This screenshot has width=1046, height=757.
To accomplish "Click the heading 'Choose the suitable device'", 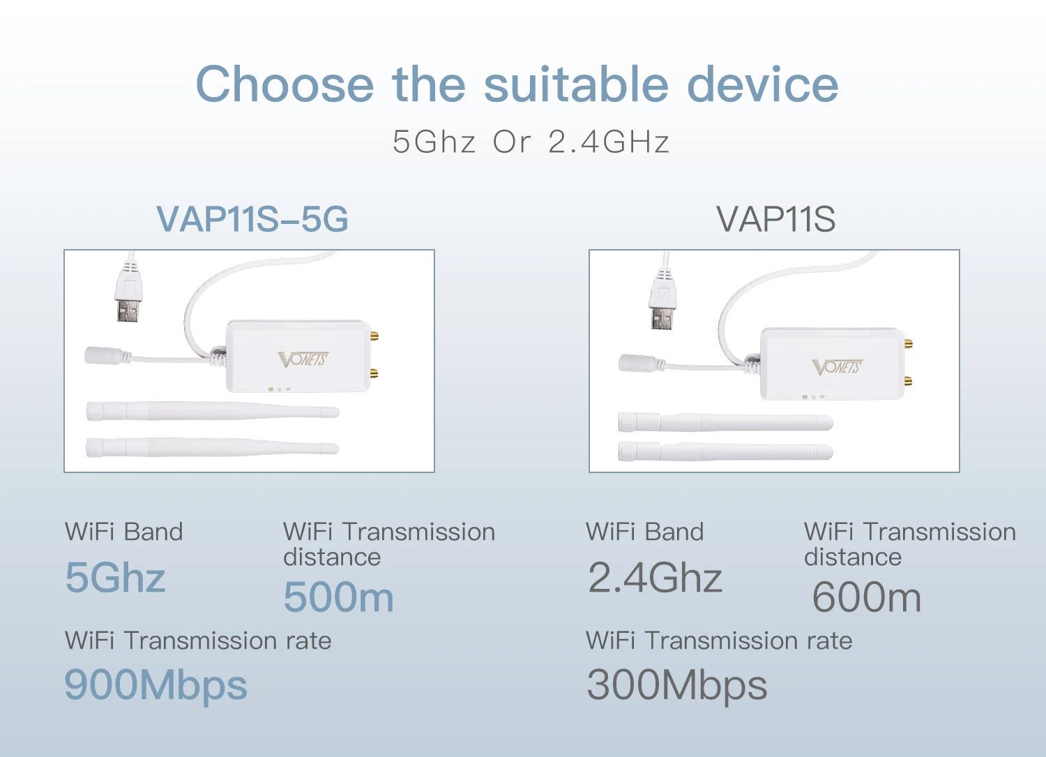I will [517, 84].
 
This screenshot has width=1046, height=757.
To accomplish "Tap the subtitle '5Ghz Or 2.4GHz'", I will [531, 142].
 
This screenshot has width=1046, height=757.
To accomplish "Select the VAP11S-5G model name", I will [252, 219].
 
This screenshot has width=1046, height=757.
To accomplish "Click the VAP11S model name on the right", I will [775, 219].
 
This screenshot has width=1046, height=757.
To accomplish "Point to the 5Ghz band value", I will [116, 578].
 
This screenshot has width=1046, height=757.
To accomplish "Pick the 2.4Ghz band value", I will [655, 578].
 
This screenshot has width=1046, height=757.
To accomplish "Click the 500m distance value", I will [339, 598].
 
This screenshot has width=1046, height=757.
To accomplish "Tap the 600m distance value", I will [867, 598].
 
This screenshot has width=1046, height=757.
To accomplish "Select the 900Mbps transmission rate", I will [156, 685].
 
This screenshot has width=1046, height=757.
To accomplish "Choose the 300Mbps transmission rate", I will [676, 685].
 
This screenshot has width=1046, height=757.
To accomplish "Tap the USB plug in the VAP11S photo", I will [662, 300].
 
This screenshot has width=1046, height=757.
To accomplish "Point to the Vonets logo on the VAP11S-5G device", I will [303, 359].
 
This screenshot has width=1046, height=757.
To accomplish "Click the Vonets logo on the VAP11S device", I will [837, 367].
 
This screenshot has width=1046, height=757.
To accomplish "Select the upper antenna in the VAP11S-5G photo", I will [212, 411].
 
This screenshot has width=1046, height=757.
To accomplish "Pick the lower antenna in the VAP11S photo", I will [725, 451].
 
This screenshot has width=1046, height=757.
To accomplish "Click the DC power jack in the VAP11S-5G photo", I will [105, 355].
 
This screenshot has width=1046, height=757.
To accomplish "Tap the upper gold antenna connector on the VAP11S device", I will [908, 343].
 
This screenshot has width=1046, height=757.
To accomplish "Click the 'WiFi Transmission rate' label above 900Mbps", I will [198, 640].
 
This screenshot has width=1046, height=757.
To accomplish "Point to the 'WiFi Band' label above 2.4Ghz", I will [644, 532].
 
